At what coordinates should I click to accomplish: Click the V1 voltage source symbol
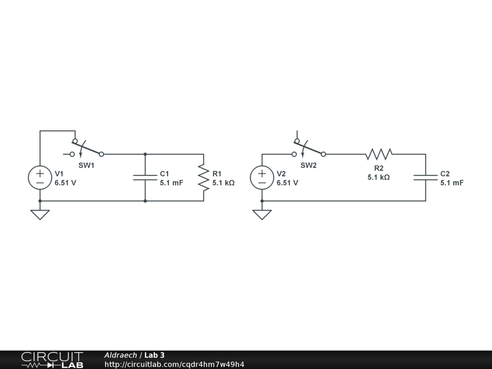tap(40, 177)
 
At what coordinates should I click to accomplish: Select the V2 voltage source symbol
tap(262, 177)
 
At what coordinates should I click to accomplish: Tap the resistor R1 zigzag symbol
tap(204, 177)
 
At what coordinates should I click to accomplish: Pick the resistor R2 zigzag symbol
tap(379, 154)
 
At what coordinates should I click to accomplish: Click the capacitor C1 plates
tap(145, 177)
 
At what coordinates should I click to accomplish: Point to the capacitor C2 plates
tap(425, 177)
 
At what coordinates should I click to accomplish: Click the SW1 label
tap(86, 165)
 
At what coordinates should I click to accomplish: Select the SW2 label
tap(309, 165)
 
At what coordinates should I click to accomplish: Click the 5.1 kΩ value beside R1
tap(223, 183)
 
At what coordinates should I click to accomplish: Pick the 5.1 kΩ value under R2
tap(379, 177)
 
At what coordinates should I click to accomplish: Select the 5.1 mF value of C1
tap(172, 183)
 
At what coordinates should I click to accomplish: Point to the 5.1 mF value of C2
tap(452, 183)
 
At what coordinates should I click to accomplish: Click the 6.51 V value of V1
tap(65, 183)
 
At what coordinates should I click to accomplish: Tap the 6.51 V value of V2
tap(287, 183)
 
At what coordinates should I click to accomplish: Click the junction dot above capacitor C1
tap(145, 154)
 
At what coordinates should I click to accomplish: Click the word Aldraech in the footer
tap(120, 355)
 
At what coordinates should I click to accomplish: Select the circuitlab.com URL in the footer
tap(174, 364)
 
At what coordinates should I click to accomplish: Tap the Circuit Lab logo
tap(52, 360)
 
